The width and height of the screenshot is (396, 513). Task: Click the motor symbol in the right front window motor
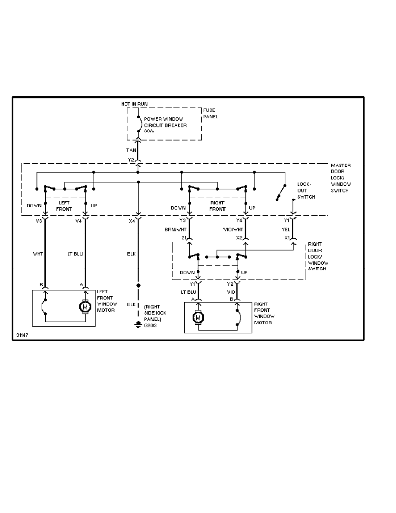click(x=198, y=318)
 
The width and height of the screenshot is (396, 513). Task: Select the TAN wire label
click(x=131, y=150)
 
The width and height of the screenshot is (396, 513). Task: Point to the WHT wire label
click(x=38, y=254)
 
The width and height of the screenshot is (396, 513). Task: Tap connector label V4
click(x=78, y=221)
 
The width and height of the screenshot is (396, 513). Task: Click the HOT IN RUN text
click(x=135, y=104)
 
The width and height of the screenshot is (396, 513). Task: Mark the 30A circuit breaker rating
click(x=148, y=131)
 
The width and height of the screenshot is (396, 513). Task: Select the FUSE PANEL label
click(x=210, y=113)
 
